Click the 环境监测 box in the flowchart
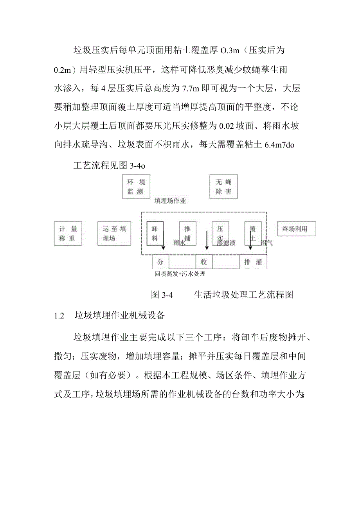[x=136, y=187]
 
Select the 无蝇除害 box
[x=223, y=187]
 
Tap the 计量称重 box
[x=68, y=234]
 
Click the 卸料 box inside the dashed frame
[x=155, y=234]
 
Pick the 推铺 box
[x=187, y=234]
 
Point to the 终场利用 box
[x=296, y=229]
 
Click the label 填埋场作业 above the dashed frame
[x=170, y=201]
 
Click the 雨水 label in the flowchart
[x=179, y=243]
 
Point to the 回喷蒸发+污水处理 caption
[x=180, y=274]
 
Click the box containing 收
[x=203, y=262]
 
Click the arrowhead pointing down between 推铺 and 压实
[x=207, y=247]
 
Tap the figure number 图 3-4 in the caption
[x=162, y=295]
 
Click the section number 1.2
[x=59, y=316]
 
